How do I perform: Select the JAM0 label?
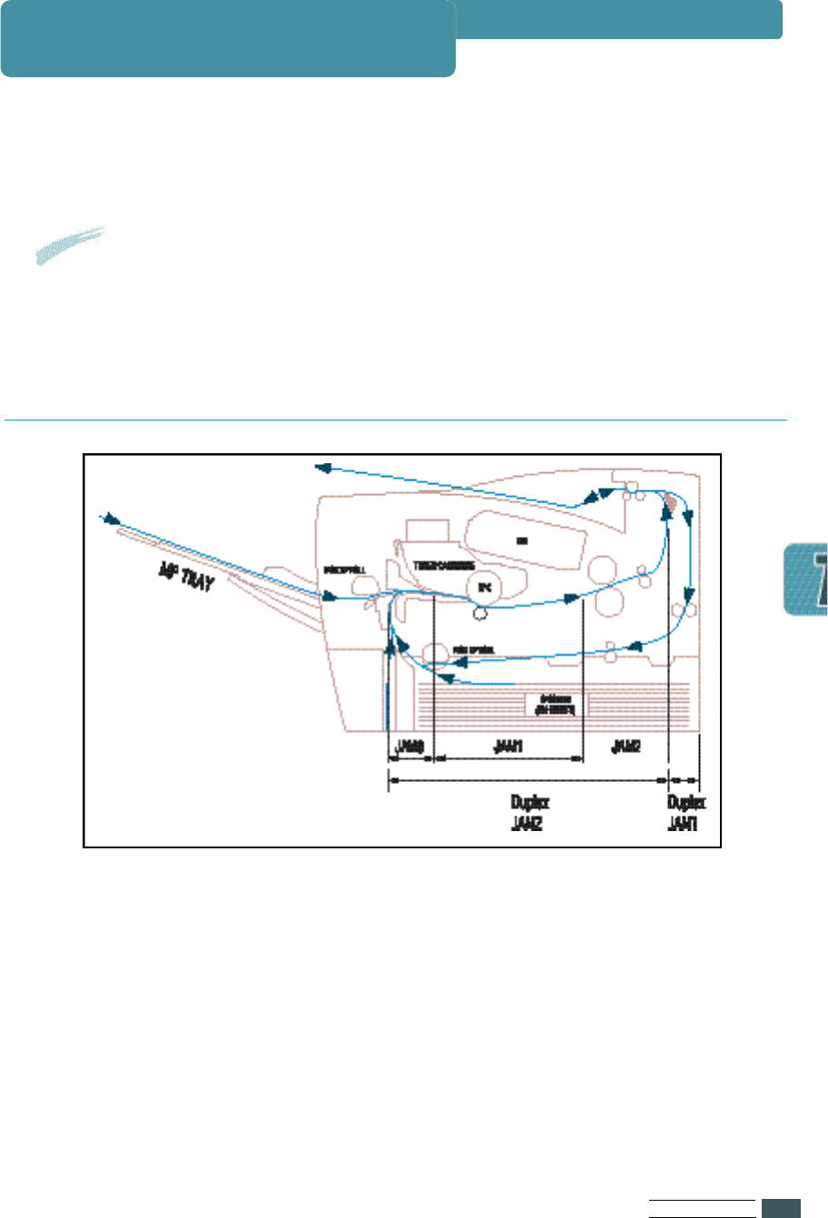(x=410, y=747)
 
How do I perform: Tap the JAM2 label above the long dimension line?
(x=626, y=747)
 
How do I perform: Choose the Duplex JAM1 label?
(x=685, y=813)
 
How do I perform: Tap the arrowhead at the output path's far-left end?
(x=322, y=467)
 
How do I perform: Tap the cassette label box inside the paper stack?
(x=557, y=704)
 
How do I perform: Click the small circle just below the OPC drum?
(x=480, y=614)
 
